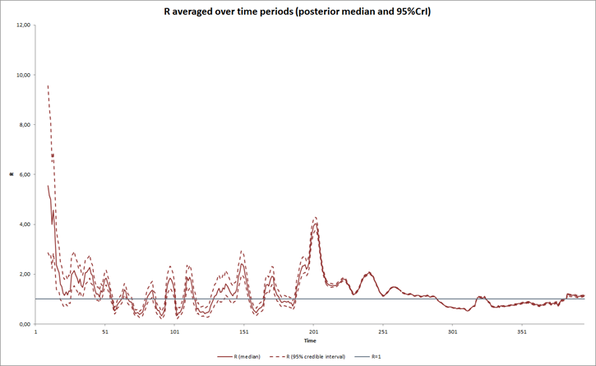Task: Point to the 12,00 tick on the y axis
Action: point(23,25)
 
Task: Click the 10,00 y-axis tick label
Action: point(23,75)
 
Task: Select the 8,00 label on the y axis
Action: point(25,125)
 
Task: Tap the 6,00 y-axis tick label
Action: point(25,174)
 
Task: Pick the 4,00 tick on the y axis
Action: point(25,225)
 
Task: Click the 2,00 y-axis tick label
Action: point(25,274)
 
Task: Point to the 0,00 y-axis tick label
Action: point(25,324)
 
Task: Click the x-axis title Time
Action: point(310,341)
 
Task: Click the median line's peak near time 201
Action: point(315,224)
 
